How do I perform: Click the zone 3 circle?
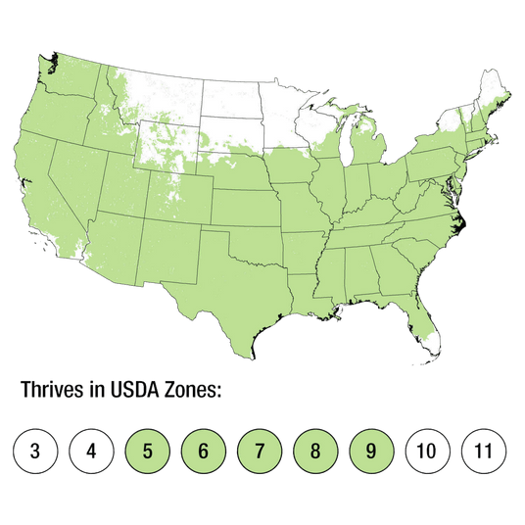34,452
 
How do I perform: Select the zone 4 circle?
91,452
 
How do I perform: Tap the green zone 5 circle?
147,452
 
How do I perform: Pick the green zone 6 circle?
203,452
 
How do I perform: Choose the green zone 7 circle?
260,452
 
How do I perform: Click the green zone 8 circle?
315,452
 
